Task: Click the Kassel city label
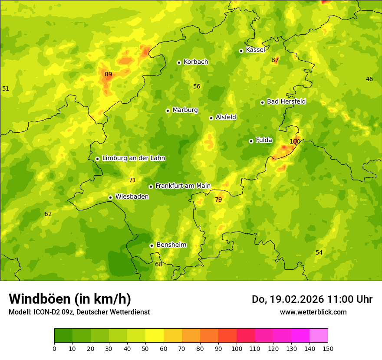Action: pos(255,50)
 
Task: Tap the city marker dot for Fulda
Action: pos(251,141)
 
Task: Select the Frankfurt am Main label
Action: pos(183,186)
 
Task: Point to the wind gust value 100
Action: pos(295,141)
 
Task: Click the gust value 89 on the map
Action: pos(108,74)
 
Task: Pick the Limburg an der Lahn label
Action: pos(133,158)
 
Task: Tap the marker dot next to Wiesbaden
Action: pos(110,197)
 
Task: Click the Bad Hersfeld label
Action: pos(286,101)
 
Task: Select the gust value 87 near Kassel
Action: pos(275,60)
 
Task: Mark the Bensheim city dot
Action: pos(151,245)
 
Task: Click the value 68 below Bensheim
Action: pos(158,264)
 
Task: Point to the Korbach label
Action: pos(196,62)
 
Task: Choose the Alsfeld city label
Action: pos(226,117)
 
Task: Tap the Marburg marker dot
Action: pos(168,111)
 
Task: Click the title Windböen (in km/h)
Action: pos(70,299)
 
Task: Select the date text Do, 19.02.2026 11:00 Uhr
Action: pos(312,299)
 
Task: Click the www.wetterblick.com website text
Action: pos(313,312)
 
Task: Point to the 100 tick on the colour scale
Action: pos(237,348)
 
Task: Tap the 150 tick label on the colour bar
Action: pos(328,348)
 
